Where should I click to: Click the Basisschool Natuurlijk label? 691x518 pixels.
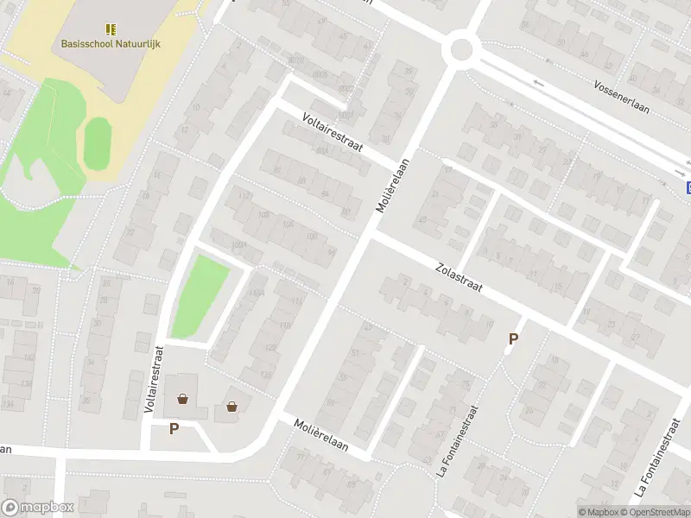point(111,44)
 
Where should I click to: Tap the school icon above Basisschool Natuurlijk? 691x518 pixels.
point(111,29)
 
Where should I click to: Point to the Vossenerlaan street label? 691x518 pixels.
point(622,92)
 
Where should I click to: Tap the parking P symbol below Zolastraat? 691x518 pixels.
point(513,340)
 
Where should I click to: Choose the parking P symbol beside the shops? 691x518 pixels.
point(174,428)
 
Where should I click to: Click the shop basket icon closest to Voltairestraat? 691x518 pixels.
point(182,399)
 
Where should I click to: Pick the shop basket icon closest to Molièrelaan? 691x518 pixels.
point(231,406)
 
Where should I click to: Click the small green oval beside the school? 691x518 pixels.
point(97,142)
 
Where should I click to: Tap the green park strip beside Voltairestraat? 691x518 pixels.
point(200,296)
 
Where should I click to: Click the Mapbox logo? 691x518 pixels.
point(38,508)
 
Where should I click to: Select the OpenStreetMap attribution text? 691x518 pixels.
point(657,512)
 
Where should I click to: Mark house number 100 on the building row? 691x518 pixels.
point(310,237)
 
